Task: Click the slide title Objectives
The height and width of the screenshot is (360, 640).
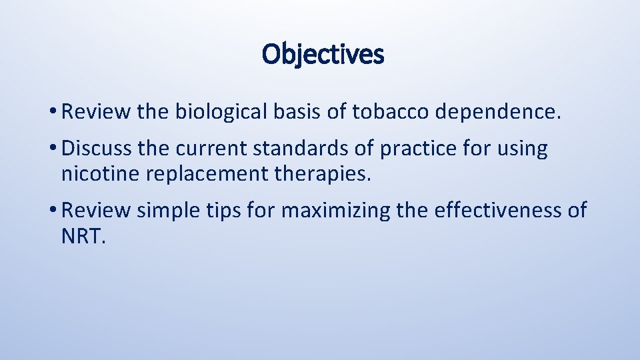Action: pos(323,54)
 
